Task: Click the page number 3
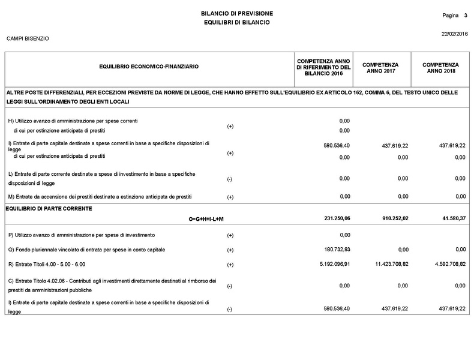point(465,14)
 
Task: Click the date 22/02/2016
point(454,34)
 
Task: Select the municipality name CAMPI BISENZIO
point(28,39)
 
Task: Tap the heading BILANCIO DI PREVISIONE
point(236,13)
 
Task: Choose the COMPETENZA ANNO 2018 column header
point(440,68)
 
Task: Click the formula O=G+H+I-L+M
point(206,219)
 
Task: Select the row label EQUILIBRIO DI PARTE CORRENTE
point(46,208)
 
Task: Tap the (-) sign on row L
point(230,179)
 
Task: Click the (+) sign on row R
point(230,265)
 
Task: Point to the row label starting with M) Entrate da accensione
point(100,196)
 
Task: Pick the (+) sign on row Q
point(230,250)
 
